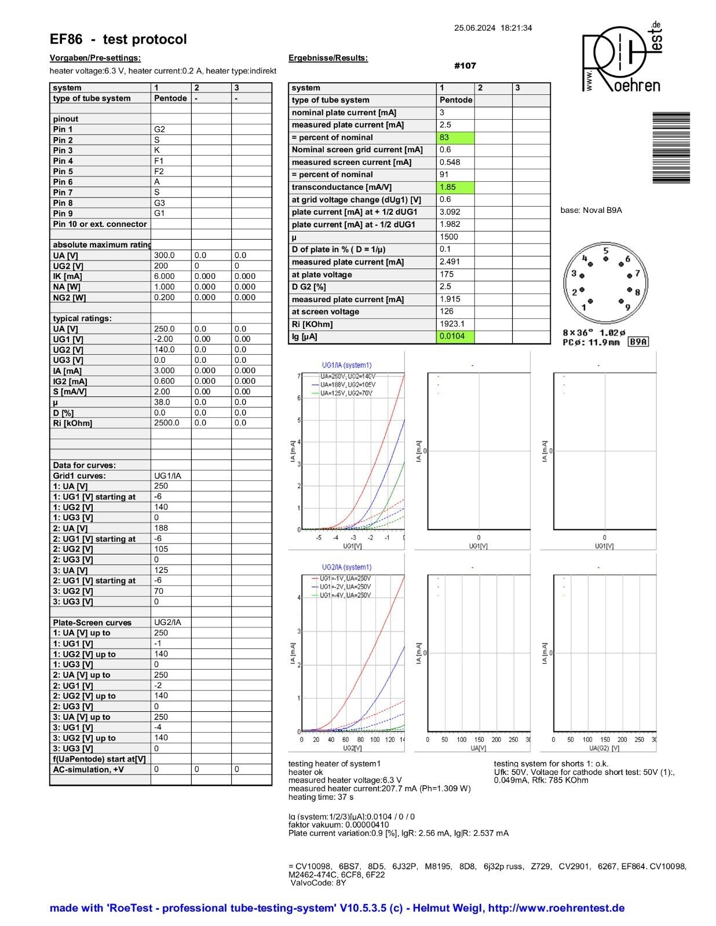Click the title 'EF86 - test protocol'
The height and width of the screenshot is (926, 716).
pos(118,39)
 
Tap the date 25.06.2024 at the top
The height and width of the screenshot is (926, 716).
pos(474,28)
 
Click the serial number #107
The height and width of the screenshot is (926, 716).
pos(465,66)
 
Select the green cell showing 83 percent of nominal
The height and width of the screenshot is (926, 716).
pos(455,138)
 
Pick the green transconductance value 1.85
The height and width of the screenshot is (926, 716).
pos(455,188)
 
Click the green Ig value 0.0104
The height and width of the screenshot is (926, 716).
pos(455,336)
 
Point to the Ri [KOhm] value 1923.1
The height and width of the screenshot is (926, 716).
pos(452,324)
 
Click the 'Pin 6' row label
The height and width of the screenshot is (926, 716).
pos(63,182)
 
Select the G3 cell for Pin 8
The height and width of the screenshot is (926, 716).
pos(159,203)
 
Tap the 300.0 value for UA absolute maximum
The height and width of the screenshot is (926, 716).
pos(164,255)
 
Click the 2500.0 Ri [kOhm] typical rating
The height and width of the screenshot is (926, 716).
pos(166,423)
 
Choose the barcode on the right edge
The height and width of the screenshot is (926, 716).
pos(671,148)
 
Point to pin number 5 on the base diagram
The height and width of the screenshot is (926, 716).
pos(605,251)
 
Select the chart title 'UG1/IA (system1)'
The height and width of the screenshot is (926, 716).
pos(346,365)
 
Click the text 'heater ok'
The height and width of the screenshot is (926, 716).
pos(305,772)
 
